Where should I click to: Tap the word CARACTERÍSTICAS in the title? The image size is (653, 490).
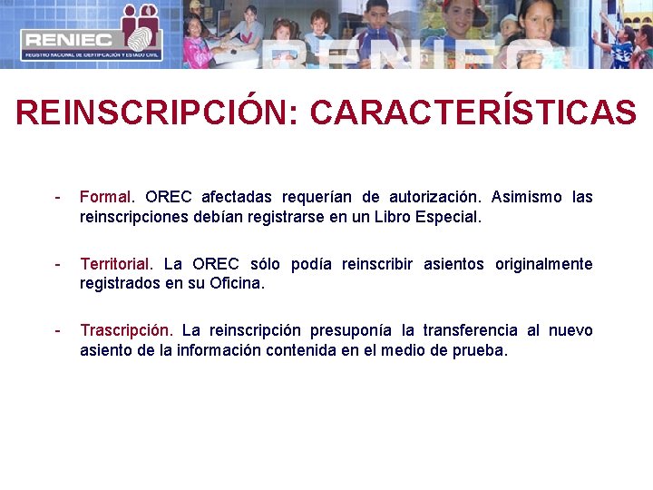(x=473, y=113)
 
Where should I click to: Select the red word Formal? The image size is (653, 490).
(x=105, y=197)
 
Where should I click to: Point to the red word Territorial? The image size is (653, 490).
(x=116, y=264)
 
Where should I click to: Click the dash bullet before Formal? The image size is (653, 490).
(x=58, y=197)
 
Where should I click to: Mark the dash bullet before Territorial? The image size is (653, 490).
(x=58, y=264)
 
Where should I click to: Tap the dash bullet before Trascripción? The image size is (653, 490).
(x=58, y=330)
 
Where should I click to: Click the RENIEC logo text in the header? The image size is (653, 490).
(x=68, y=39)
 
